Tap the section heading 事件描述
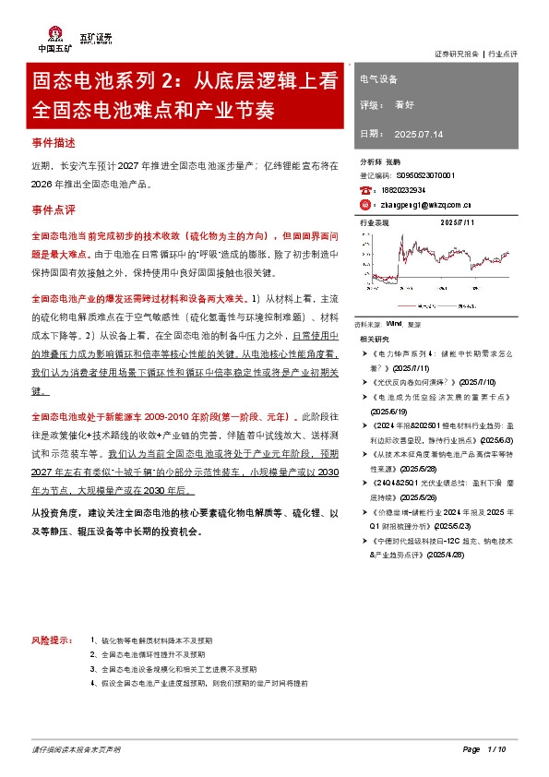pyautogui.click(x=52, y=146)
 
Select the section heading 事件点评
pyautogui.click(x=52, y=210)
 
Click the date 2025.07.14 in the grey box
pyautogui.click(x=418, y=134)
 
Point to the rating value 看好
pyautogui.click(x=403, y=105)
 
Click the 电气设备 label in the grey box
pyautogui.click(x=378, y=79)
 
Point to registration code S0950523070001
pyautogui.click(x=426, y=174)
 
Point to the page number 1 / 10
pyautogui.click(x=496, y=747)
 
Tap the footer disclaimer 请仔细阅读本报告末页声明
pyautogui.click(x=76, y=747)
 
